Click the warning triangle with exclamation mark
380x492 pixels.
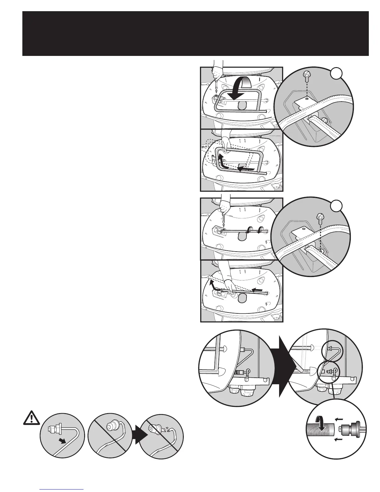(32, 418)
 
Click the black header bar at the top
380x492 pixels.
(195, 33)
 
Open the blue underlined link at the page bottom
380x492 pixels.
(62, 489)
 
